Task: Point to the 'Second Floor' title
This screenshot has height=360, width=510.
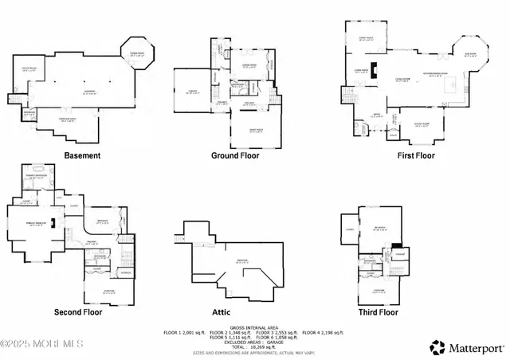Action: point(79,313)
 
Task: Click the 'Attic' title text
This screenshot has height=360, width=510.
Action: point(237,313)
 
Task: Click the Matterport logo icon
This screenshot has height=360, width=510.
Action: point(437,347)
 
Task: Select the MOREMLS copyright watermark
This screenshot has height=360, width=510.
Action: point(41,344)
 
